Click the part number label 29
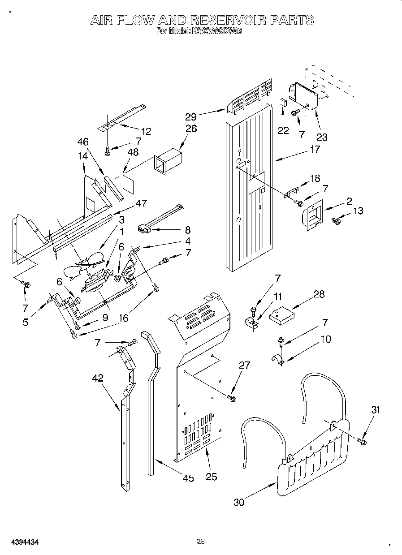pos(191,117)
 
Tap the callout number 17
pos(315,149)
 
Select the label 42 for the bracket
pos(97,378)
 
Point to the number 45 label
pos(189,478)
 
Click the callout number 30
pos(239,502)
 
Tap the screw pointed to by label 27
pos(232,397)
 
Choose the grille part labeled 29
pos(250,97)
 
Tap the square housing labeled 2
pos(313,215)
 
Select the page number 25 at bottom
pos(201,542)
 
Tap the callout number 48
pos(133,152)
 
